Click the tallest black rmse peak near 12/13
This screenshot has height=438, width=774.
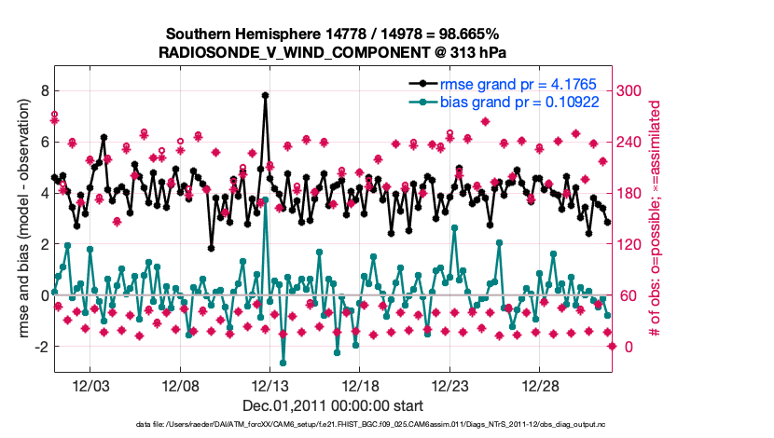266,95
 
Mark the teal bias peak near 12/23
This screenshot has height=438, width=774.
454,227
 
